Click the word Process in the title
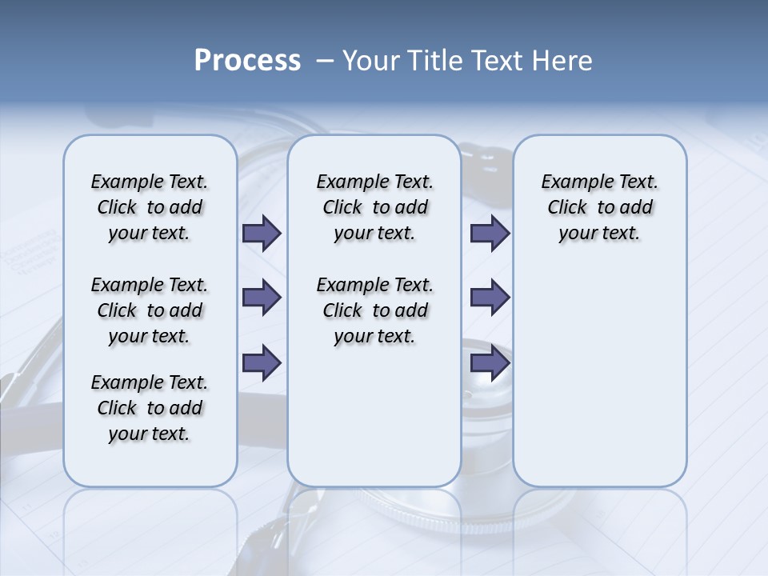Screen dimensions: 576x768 pos(247,61)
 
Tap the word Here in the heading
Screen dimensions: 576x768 pos(563,61)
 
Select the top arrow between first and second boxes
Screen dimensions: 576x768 pos(262,233)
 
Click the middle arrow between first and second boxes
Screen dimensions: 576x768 pos(262,298)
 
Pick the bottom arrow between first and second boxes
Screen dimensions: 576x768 pos(262,363)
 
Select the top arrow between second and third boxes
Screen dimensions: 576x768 pos(490,233)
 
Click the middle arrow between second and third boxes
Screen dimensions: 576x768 pos(490,298)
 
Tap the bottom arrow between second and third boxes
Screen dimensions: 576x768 pos(490,363)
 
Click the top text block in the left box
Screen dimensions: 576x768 pos(150,207)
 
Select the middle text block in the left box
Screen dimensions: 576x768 pos(150,310)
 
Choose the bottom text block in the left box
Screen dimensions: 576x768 pos(150,408)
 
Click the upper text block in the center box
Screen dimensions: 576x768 pos(374,207)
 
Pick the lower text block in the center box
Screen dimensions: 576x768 pos(374,310)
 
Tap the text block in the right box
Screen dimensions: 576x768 pos(600,207)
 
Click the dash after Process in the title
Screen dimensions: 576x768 pos(324,61)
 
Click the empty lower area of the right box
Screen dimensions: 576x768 pos(600,376)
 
